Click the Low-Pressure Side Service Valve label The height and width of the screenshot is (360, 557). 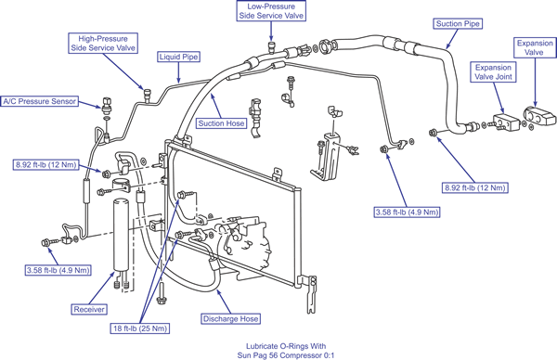coord(271,11)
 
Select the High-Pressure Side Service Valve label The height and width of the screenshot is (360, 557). coord(103,44)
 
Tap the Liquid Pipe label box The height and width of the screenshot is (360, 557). coord(178,57)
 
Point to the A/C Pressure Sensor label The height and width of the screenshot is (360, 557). coord(39,101)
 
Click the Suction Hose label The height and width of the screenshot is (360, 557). coord(221,123)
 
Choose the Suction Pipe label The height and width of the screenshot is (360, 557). coord(458,24)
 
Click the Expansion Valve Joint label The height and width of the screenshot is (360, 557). coord(494,72)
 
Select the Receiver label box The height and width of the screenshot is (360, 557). coord(89,309)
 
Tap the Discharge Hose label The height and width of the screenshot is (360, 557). coord(230,319)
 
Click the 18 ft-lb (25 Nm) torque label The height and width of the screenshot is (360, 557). coord(139,328)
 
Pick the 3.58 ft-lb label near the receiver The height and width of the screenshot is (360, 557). coord(58,270)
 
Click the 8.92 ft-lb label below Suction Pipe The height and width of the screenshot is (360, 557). coord(475,187)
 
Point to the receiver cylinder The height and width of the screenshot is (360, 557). coord(121,235)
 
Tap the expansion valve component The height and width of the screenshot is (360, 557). coord(539,117)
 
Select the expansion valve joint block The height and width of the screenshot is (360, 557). coord(506,122)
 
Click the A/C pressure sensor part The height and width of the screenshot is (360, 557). coord(107,104)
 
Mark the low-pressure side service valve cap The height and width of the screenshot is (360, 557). coord(272,46)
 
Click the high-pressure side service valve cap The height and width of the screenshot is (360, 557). coord(147,95)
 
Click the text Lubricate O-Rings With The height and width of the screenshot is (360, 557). coord(286,346)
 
